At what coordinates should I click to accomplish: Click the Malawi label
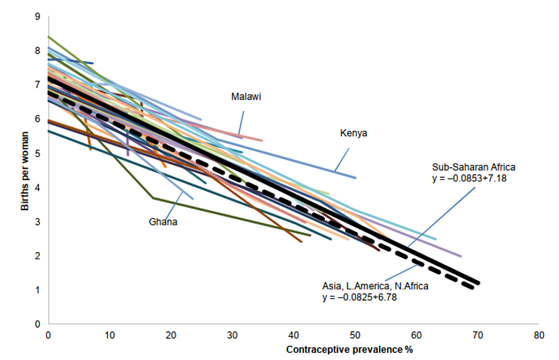(x=246, y=97)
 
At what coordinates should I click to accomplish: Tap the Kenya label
(x=353, y=132)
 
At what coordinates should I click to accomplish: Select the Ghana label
(x=163, y=222)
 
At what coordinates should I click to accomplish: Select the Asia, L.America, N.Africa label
(x=375, y=286)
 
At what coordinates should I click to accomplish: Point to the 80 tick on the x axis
(x=539, y=335)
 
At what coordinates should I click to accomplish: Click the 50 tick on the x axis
(x=354, y=335)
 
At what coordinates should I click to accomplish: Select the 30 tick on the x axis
(x=232, y=335)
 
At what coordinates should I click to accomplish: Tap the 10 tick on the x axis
(x=109, y=335)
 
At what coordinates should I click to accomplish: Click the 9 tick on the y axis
(x=37, y=16)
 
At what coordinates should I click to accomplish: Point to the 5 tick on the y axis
(x=37, y=153)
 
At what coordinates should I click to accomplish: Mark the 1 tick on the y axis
(x=37, y=290)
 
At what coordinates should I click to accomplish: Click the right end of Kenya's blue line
(x=356, y=177)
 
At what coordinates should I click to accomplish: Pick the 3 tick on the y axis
(x=37, y=222)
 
